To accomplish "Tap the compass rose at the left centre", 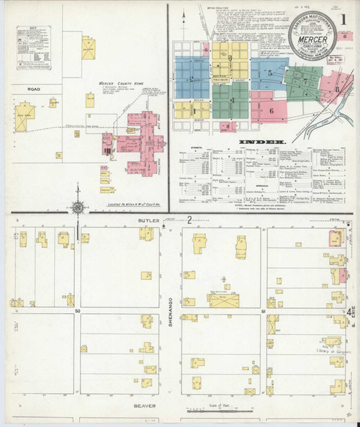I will (x=78, y=208).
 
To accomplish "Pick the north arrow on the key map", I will (x=183, y=22).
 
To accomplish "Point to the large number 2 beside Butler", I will (x=189, y=220).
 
